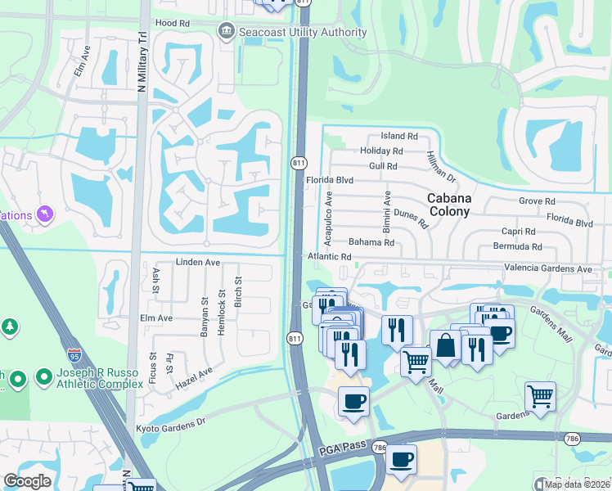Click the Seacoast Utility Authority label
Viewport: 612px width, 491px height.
pyautogui.click(x=302, y=32)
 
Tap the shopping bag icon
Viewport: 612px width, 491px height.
pyautogui.click(x=446, y=345)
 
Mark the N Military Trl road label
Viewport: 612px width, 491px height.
pyautogui.click(x=142, y=62)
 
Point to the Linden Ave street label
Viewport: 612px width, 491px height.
pyautogui.click(x=198, y=263)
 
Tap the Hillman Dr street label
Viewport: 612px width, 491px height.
pyautogui.click(x=440, y=166)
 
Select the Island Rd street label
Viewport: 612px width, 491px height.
pyautogui.click(x=399, y=137)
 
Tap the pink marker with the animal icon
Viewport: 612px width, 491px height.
pyautogui.click(x=44, y=215)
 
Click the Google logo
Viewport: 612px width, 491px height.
pyautogui.click(x=27, y=481)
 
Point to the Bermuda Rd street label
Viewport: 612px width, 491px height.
pyautogui.click(x=517, y=246)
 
